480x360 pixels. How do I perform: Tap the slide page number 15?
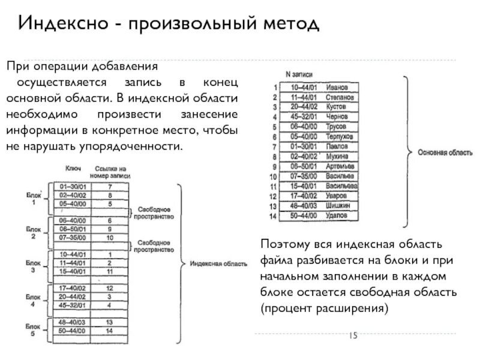352,336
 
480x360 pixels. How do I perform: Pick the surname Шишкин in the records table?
337,205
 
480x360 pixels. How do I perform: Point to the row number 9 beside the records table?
274,166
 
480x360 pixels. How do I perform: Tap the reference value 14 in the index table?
109,330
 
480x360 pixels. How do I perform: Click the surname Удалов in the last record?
336,214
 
